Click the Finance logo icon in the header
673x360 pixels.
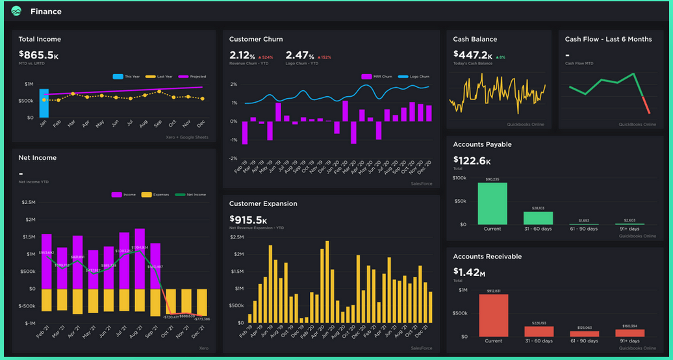point(16,11)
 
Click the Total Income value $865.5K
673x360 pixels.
point(38,56)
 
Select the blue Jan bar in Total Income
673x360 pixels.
point(44,103)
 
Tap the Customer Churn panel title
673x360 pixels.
point(256,39)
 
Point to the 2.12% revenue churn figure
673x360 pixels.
point(243,55)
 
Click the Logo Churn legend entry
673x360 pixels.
point(415,76)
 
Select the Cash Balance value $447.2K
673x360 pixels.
point(472,55)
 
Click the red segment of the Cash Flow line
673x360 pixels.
point(645,105)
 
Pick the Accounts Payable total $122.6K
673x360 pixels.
point(472,161)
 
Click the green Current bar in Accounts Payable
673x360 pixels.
point(492,203)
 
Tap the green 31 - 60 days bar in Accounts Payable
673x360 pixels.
point(538,218)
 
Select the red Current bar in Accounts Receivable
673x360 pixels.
point(493,315)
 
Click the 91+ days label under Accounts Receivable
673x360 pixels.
point(629,341)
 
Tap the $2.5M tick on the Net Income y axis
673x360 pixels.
point(29,202)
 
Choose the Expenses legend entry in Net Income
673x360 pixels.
point(158,194)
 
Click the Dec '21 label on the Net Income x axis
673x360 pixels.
point(199,333)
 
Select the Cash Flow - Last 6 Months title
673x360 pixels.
point(608,39)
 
